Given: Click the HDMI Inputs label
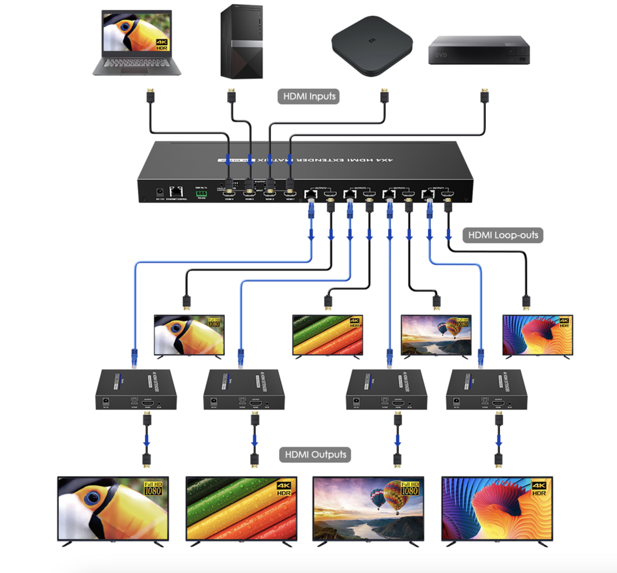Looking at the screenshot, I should click(308, 96).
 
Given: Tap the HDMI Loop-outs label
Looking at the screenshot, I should click(503, 235).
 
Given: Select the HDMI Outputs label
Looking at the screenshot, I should click(315, 454).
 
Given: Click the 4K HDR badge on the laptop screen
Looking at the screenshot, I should click(162, 44).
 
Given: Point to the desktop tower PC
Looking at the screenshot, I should click(241, 42).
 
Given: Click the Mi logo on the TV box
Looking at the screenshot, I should click(372, 41).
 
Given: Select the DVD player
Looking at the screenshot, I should click(479, 50).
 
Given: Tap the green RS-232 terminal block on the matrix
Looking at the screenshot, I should click(201, 193).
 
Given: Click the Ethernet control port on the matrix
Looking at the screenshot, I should click(176, 192).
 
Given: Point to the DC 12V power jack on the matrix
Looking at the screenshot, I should click(160, 192).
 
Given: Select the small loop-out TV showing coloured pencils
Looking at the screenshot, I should click(328, 335).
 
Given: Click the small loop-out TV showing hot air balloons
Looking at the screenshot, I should click(436, 335).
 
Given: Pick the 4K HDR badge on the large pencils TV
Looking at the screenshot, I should click(284, 489).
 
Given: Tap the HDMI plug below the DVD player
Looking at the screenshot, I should click(484, 96).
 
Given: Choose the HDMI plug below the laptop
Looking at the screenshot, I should click(150, 96).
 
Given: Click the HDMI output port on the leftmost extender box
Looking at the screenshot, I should click(148, 403).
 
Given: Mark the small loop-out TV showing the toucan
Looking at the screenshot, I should click(189, 335).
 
